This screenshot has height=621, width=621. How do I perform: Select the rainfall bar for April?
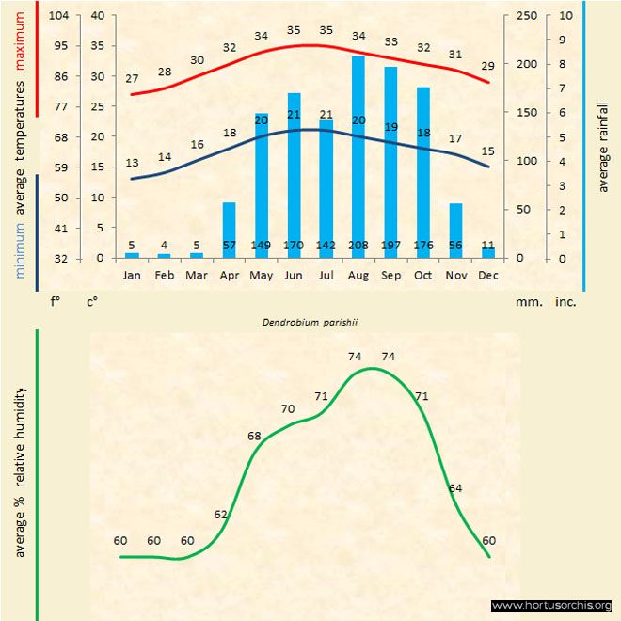(x=229, y=230)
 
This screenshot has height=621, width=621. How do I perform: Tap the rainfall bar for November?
(x=456, y=230)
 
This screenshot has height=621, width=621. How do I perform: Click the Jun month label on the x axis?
(x=293, y=275)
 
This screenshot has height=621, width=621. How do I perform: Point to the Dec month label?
(x=488, y=275)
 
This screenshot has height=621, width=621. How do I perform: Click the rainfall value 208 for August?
(x=358, y=246)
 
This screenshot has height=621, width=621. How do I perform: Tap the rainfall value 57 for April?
(x=229, y=246)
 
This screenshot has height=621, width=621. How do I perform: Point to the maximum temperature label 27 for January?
(x=132, y=79)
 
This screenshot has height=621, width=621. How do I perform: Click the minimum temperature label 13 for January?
(x=132, y=163)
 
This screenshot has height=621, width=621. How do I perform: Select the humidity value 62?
(x=221, y=515)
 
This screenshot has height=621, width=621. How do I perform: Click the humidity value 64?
(x=455, y=488)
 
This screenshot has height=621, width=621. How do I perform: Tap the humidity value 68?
(x=254, y=437)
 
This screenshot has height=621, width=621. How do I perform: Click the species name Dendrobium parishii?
(x=310, y=322)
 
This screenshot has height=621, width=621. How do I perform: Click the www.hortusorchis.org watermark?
(x=551, y=605)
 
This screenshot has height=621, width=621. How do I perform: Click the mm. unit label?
(x=527, y=303)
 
